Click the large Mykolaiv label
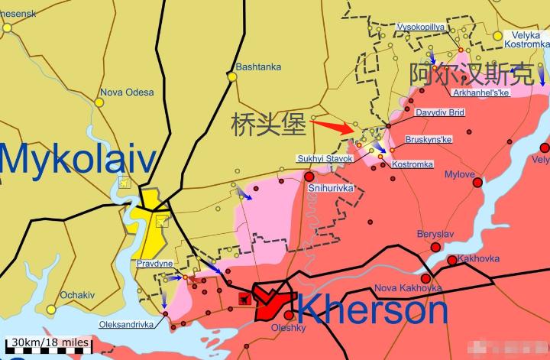78,162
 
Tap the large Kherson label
372,310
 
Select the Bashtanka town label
258,67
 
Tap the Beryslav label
435,233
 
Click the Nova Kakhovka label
408,288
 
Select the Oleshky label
287,328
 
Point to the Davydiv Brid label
439,112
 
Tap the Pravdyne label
154,264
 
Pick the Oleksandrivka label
126,324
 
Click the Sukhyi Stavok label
325,158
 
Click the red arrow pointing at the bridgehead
332,124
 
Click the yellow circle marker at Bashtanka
232,76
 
